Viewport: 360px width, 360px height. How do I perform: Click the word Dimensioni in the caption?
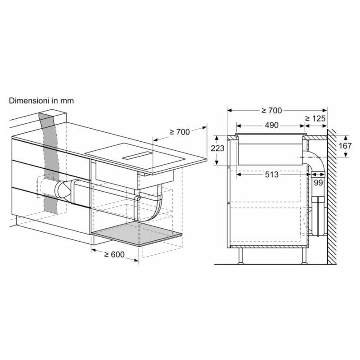click(28, 101)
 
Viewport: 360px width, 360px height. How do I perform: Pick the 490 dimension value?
click(271, 125)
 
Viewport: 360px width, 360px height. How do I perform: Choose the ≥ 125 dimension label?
click(315, 118)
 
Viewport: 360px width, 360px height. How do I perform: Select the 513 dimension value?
click(271, 175)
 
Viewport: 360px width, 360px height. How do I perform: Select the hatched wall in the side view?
click(332, 198)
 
